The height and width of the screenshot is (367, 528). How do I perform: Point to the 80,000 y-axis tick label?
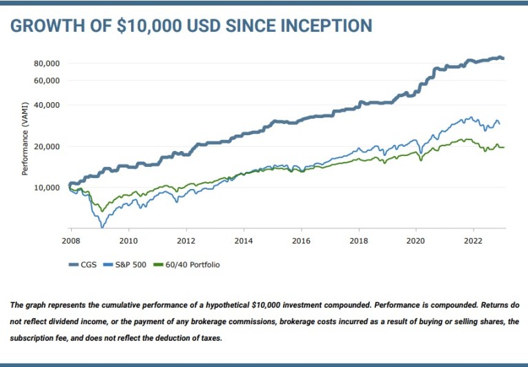[47, 63]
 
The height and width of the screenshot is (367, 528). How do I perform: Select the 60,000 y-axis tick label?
[47, 81]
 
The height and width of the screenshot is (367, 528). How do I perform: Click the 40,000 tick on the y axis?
[47, 106]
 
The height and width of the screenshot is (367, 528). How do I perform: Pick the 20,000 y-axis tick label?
[47, 147]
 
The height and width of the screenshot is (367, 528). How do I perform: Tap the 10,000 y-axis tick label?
[47, 188]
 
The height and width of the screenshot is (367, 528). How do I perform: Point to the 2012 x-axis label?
[185, 241]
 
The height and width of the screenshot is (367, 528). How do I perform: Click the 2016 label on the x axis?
[300, 241]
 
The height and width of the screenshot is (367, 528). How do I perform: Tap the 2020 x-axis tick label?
[415, 241]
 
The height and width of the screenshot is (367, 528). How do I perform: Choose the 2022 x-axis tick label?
[473, 241]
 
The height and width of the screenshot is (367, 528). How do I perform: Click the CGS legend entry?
[81, 264]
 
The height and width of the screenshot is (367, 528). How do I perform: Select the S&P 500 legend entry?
[128, 264]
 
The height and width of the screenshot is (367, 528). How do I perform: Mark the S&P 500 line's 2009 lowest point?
[103, 226]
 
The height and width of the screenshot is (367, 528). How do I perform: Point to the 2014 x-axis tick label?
[243, 241]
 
